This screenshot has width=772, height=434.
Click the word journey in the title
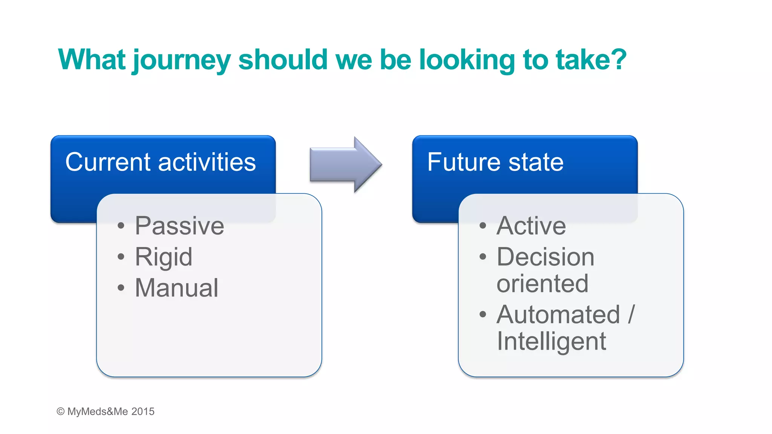(181, 60)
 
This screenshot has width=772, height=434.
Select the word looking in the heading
(467, 60)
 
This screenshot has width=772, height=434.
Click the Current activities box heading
(161, 162)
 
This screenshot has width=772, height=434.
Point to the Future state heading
(495, 162)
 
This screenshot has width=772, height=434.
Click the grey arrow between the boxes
(345, 165)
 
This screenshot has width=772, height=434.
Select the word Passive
(179, 226)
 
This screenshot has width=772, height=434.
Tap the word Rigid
(164, 257)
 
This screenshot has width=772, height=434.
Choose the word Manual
(176, 288)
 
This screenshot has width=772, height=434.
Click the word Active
(531, 226)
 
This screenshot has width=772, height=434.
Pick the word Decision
(545, 257)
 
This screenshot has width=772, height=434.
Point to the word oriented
(542, 283)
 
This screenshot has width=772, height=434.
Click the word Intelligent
(551, 341)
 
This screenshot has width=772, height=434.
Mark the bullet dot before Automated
(482, 314)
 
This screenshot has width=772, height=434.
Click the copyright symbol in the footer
(60, 411)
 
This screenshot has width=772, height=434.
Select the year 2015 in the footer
(143, 411)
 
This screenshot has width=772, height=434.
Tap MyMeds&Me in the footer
(98, 411)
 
